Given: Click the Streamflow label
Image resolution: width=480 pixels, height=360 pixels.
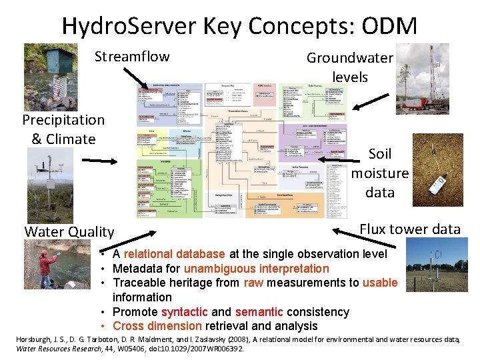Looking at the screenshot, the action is click(x=132, y=56).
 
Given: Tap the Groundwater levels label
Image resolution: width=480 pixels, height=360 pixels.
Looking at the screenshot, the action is click(x=349, y=67).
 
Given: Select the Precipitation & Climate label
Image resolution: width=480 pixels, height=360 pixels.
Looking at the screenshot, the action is click(x=63, y=129).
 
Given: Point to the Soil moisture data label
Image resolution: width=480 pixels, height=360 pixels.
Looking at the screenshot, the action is click(x=380, y=173).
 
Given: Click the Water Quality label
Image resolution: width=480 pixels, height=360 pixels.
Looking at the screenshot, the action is click(x=69, y=231).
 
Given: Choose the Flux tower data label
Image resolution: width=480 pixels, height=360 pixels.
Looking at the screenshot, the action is click(x=410, y=229).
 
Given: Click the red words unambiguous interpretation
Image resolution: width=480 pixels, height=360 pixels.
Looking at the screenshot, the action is click(x=257, y=269).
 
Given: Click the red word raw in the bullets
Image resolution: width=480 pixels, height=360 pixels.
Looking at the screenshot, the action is click(x=253, y=283).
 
